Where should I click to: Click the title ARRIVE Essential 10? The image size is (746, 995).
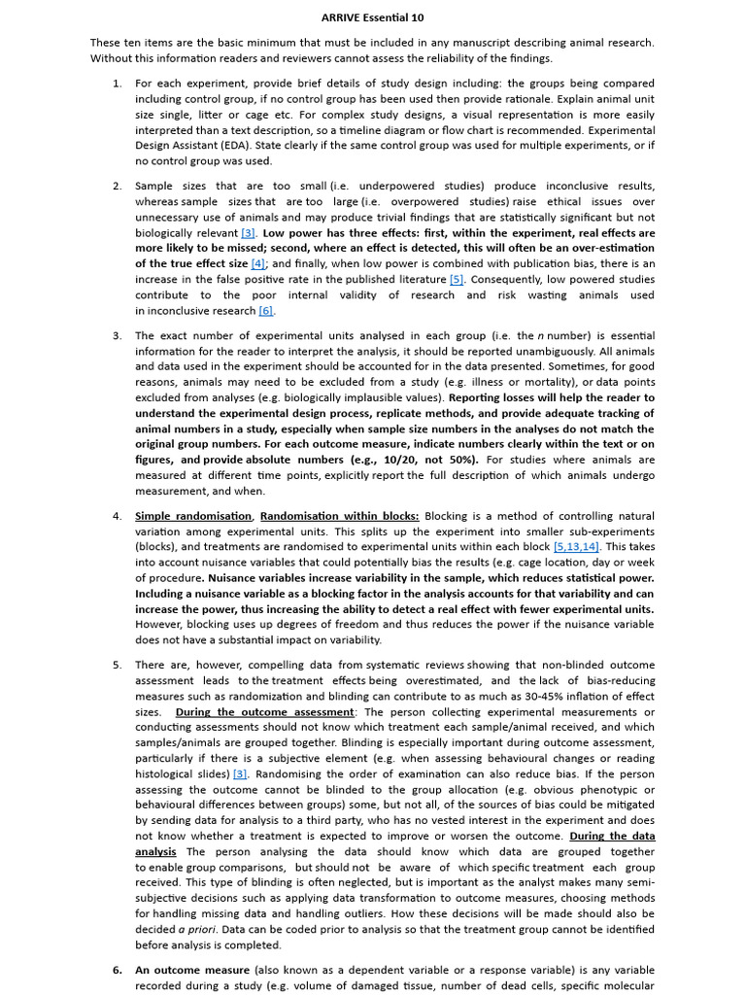(x=373, y=17)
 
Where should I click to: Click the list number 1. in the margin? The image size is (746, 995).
(x=117, y=84)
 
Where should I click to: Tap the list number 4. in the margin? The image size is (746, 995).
(x=117, y=516)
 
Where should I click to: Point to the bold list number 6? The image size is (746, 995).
(x=117, y=970)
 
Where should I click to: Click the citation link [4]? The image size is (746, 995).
(x=257, y=264)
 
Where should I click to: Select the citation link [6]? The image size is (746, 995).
(x=265, y=311)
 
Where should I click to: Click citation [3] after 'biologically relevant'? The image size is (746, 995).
(x=248, y=233)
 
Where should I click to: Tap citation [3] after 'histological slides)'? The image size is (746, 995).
(x=240, y=774)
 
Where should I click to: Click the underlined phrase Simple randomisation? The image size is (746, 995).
(x=193, y=516)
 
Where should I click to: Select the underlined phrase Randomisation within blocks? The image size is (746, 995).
(x=340, y=516)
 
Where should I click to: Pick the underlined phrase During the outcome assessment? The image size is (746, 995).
(x=265, y=712)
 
